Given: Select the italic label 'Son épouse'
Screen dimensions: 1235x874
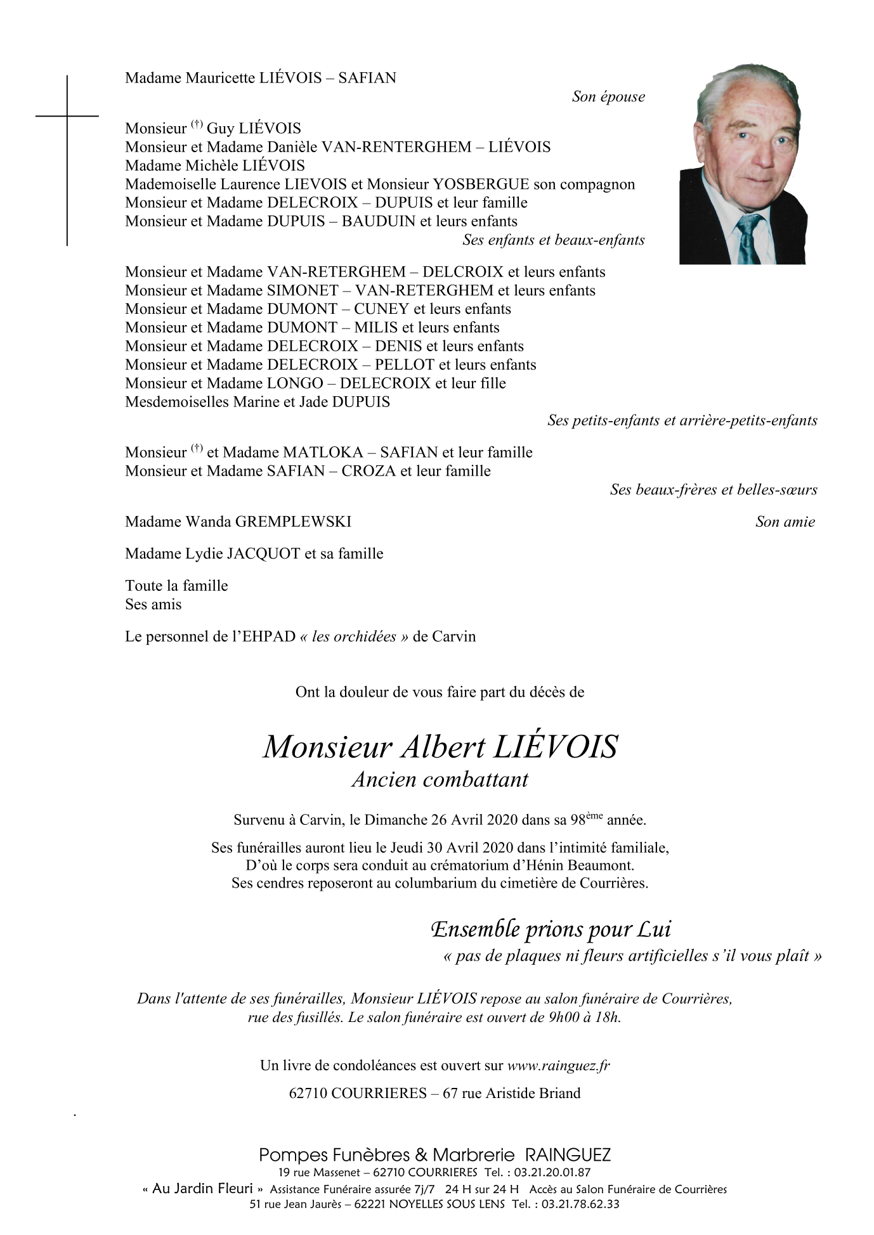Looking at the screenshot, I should tap(608, 97).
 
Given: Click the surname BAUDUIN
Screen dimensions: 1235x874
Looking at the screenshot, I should tap(378, 221).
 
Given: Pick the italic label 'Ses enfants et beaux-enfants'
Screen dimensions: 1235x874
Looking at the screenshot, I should tap(553, 240).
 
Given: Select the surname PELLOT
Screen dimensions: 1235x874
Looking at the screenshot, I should tap(404, 365).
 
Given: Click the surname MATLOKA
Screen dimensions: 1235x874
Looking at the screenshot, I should tap(323, 453).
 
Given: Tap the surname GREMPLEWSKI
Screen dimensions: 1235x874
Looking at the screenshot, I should tap(292, 522).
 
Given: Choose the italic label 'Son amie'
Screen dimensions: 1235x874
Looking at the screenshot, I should tap(785, 522).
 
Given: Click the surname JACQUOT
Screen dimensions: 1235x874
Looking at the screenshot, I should tap(263, 554).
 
